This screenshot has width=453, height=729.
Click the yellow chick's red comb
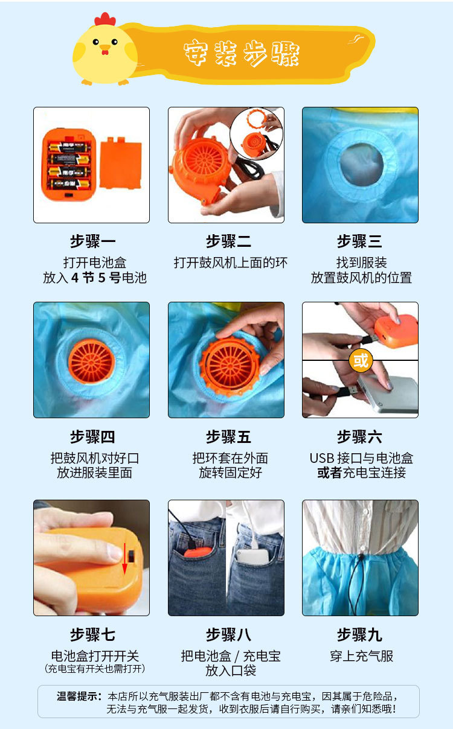104,19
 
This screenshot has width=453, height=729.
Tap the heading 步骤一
92,242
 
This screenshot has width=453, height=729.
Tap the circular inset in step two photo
256,134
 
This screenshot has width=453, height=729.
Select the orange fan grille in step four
91,361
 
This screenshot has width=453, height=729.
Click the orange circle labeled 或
361,361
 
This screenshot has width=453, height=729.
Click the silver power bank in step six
387,393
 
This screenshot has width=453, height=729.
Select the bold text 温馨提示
79,696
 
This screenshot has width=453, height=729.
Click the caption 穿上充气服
361,656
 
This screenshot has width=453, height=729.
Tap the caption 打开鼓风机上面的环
230,263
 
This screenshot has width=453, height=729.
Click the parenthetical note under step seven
95,669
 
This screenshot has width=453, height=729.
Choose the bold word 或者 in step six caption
329,473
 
